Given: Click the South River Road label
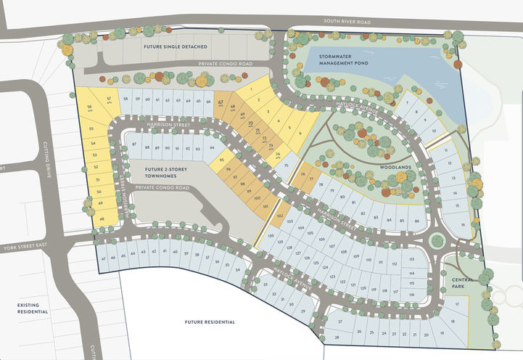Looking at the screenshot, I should tap(347, 22).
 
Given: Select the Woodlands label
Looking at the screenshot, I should tap(396, 165).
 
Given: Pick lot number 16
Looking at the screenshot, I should tap(463, 224).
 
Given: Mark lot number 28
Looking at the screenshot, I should tap(336, 338).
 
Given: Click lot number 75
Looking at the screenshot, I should tap(286, 165).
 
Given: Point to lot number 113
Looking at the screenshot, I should tap(411, 259).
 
